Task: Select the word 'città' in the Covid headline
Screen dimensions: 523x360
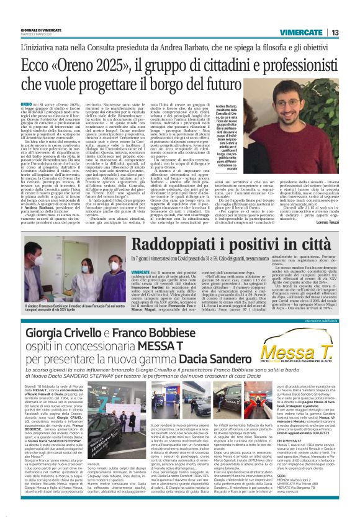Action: point(306,245)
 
